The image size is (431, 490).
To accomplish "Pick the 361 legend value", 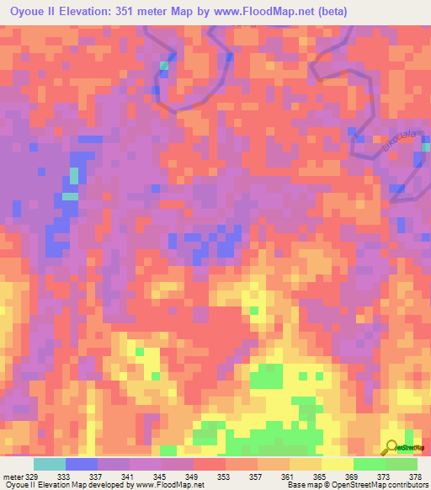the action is click(288, 477).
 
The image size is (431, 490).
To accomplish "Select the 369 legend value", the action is click(352, 477).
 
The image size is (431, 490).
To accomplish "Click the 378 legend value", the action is click(415, 477).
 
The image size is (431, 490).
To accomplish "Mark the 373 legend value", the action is click(384, 477).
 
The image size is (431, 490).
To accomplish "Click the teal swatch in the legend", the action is click(49, 464).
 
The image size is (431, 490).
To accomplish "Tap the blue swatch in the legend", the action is click(81, 464).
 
